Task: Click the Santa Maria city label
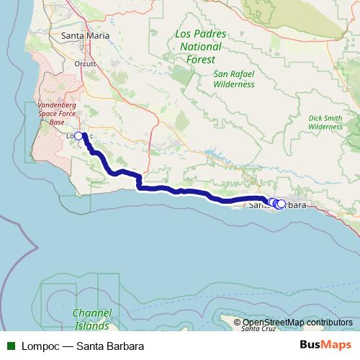tap(86, 35)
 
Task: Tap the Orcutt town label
tap(86, 63)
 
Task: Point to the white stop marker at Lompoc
tap(78, 135)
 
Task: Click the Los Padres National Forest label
tap(201, 47)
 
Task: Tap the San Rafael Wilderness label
tap(234, 79)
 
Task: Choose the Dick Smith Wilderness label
tap(325, 122)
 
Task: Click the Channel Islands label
tap(92, 318)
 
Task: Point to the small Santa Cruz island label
tap(258, 329)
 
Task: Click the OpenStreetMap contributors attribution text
tap(297, 323)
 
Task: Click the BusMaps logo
tap(327, 345)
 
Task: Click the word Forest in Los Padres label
tap(201, 60)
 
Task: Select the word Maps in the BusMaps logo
tap(337, 345)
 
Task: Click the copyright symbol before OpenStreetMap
tap(238, 323)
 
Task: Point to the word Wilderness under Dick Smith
tap(325, 126)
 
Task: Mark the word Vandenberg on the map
tap(60, 104)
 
